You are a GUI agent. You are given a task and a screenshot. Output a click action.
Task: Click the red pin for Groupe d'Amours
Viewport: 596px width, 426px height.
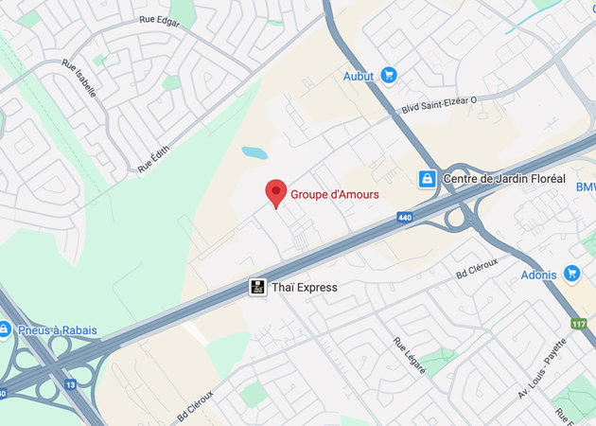275,191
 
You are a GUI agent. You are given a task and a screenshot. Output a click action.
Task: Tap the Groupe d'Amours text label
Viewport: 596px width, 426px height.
334,194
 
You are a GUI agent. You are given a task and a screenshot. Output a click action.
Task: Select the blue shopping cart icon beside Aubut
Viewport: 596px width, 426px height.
388,75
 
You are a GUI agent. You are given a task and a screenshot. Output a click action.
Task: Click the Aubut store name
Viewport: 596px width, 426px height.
359,75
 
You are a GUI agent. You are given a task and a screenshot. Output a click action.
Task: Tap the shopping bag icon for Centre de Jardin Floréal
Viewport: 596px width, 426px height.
428,178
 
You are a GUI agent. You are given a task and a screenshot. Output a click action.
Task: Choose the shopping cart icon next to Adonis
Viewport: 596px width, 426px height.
571,275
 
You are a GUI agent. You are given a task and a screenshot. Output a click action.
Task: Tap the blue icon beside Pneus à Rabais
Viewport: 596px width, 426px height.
5,329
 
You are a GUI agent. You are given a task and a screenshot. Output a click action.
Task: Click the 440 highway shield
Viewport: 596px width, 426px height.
405,218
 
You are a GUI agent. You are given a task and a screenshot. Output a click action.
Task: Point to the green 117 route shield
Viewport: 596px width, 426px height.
578,324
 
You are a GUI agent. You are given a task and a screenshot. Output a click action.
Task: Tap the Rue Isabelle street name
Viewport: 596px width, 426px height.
79,78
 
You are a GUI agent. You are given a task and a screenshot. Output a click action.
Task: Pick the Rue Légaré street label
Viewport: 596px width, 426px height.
410,355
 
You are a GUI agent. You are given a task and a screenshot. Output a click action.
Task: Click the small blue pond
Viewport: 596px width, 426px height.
254,152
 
